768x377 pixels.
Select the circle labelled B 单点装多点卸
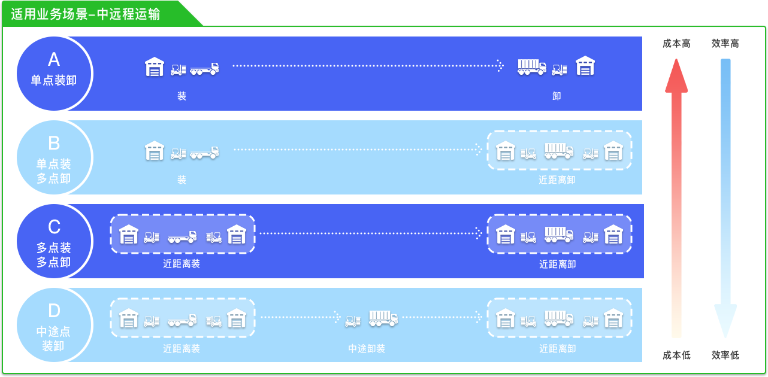[x=54, y=157]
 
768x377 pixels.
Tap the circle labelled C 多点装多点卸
[x=54, y=241]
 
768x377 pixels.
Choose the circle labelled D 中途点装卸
[x=54, y=325]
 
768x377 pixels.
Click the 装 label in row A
[x=182, y=96]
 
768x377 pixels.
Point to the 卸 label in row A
[x=557, y=96]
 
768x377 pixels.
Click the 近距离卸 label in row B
[x=557, y=180]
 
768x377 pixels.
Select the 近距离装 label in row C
[x=182, y=263]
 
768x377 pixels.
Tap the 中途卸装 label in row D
[x=367, y=348]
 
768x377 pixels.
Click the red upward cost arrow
[x=676, y=197]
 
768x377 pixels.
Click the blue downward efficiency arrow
[x=725, y=197]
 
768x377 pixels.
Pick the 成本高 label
[x=676, y=44]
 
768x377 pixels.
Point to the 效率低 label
[x=725, y=355]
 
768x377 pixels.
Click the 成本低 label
[x=676, y=355]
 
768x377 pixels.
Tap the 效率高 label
[x=725, y=44]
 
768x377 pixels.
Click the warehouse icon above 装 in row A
[x=155, y=66]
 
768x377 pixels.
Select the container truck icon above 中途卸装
[x=383, y=318]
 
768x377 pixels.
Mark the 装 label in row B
[x=182, y=180]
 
